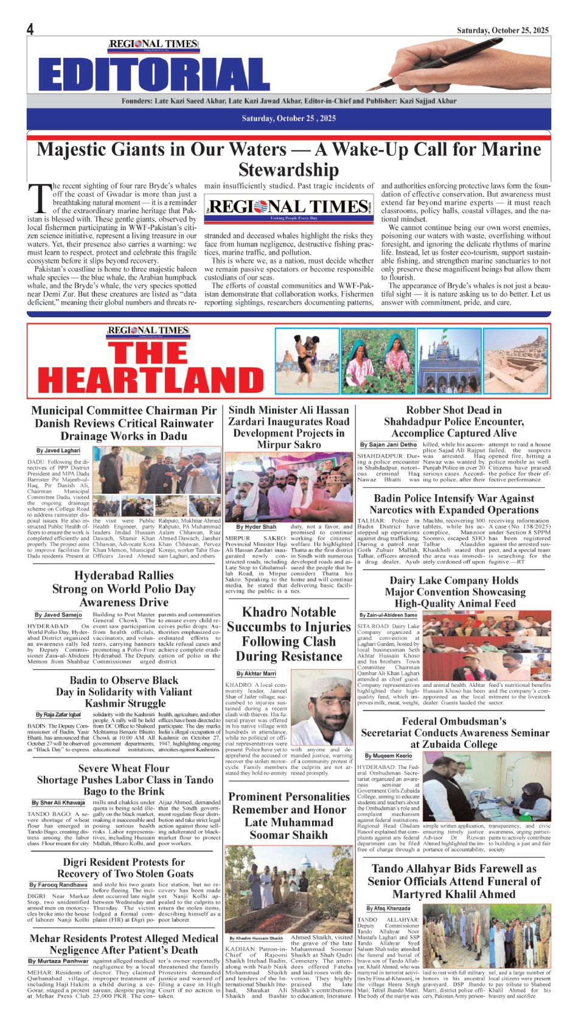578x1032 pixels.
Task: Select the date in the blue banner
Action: click(x=288, y=118)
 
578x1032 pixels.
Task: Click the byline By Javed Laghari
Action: click(x=58, y=451)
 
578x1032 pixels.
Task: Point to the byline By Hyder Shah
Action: click(x=256, y=527)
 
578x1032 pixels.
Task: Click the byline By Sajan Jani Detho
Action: click(x=388, y=445)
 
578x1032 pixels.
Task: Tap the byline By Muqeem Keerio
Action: click(x=388, y=756)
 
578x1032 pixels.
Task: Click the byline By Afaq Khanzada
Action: click(x=388, y=908)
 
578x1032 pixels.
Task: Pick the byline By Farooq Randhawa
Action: click(x=58, y=885)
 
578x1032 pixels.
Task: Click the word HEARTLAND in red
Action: click(x=151, y=381)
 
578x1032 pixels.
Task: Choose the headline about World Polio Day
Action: click(x=124, y=589)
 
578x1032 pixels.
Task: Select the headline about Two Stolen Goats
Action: click(x=124, y=868)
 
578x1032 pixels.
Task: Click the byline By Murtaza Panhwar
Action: click(x=58, y=961)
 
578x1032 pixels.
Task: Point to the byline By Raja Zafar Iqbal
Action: click(x=58, y=715)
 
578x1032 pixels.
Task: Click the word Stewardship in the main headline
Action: click(x=288, y=170)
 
